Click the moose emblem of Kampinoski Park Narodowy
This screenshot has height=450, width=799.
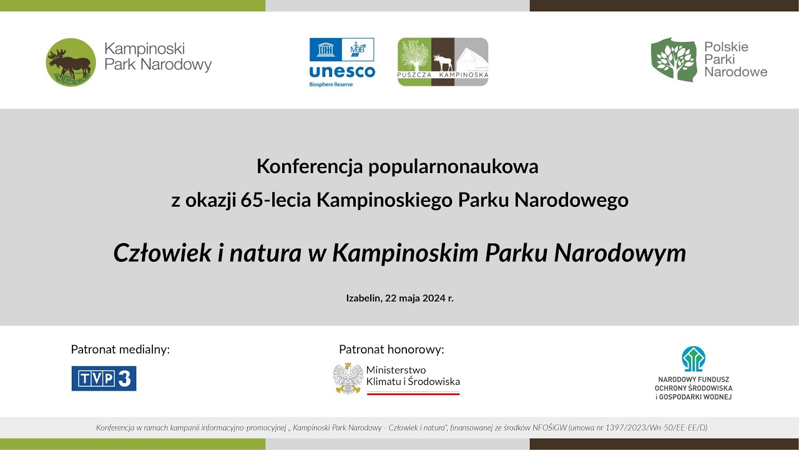[x=71, y=62]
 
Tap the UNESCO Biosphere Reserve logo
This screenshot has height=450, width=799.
[x=342, y=62]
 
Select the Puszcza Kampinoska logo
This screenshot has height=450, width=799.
[x=443, y=62]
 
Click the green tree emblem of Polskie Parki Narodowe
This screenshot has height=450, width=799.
[x=673, y=59]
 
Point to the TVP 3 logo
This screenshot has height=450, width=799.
[x=104, y=379]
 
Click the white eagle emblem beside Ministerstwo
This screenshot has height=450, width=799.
[x=348, y=379]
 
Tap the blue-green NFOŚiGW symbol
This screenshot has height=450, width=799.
[x=694, y=359]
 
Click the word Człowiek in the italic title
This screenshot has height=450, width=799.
[x=160, y=253]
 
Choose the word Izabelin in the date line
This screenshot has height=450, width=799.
[x=363, y=298]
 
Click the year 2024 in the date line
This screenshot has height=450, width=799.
[x=433, y=298]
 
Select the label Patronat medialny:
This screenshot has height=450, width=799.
[x=120, y=349]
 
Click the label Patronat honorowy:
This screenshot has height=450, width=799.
[x=391, y=349]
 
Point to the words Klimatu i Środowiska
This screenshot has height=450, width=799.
[x=413, y=381]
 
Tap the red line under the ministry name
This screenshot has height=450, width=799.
[x=413, y=394]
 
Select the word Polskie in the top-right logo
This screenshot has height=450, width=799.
[x=726, y=47]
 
